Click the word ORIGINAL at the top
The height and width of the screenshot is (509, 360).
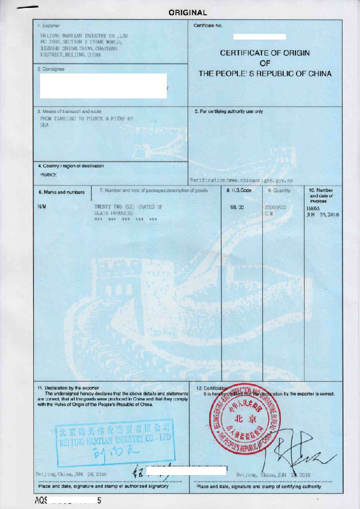pos(188,12)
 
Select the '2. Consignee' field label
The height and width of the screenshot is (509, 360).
pos(51,69)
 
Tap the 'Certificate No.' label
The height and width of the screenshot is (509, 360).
pos(208,26)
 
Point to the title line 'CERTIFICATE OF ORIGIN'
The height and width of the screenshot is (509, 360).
pos(264,53)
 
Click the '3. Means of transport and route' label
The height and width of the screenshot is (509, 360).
pos(70,111)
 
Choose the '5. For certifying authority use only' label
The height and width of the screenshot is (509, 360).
pos(229,111)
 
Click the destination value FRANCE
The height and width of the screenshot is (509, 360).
pos(49,175)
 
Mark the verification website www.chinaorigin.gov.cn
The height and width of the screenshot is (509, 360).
pos(253,179)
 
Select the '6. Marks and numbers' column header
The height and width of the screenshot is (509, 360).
pos(61,192)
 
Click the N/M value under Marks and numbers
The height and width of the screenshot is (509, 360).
pos(42,207)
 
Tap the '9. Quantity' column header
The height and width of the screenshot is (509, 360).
pos(279,191)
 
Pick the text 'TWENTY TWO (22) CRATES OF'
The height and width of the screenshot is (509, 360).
pos(128,208)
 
